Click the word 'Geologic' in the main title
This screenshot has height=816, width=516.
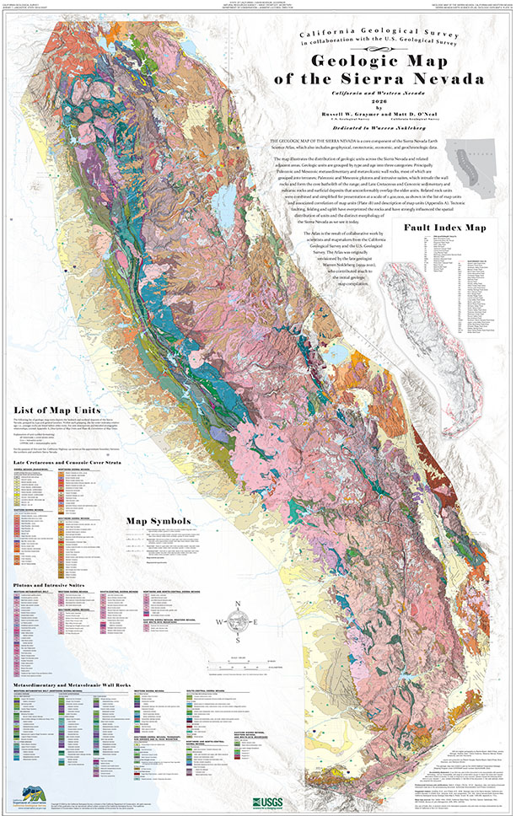[347, 61]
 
